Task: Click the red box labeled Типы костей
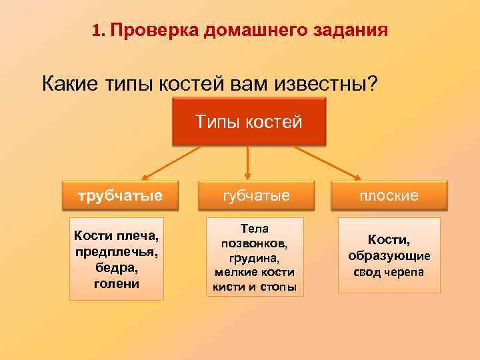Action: pyautogui.click(x=249, y=121)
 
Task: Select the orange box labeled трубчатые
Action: pyautogui.click(x=120, y=195)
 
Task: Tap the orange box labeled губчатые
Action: pyautogui.click(x=255, y=195)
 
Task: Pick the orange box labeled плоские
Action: pyautogui.click(x=389, y=195)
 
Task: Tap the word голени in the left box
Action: pyautogui.click(x=117, y=283)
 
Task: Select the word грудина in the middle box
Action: pyautogui.click(x=255, y=258)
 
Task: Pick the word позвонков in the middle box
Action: pyautogui.click(x=255, y=243)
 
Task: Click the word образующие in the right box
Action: pyautogui.click(x=389, y=255)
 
